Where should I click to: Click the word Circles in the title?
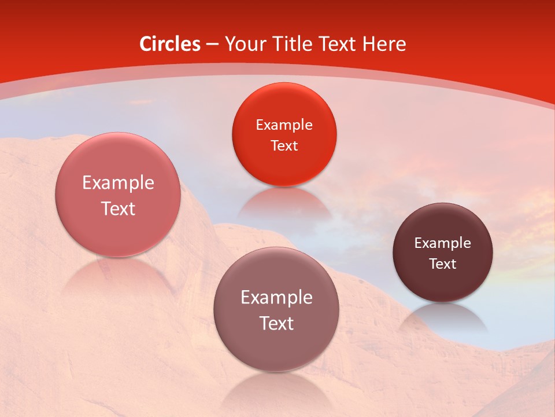point(170,44)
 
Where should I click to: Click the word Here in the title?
point(384,44)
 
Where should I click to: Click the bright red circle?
point(284,134)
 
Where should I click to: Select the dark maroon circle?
point(443,253)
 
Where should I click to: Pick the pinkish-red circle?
point(118,195)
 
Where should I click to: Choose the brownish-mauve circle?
point(276,309)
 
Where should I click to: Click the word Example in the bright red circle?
point(284,125)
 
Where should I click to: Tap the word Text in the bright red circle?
point(284,145)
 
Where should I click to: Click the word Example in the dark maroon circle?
point(443,243)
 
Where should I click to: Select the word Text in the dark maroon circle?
point(443,264)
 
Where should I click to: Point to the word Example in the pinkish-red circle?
point(118,183)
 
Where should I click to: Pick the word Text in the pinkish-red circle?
point(118,209)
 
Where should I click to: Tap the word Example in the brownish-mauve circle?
point(276,298)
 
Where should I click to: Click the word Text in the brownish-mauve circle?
point(276,323)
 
